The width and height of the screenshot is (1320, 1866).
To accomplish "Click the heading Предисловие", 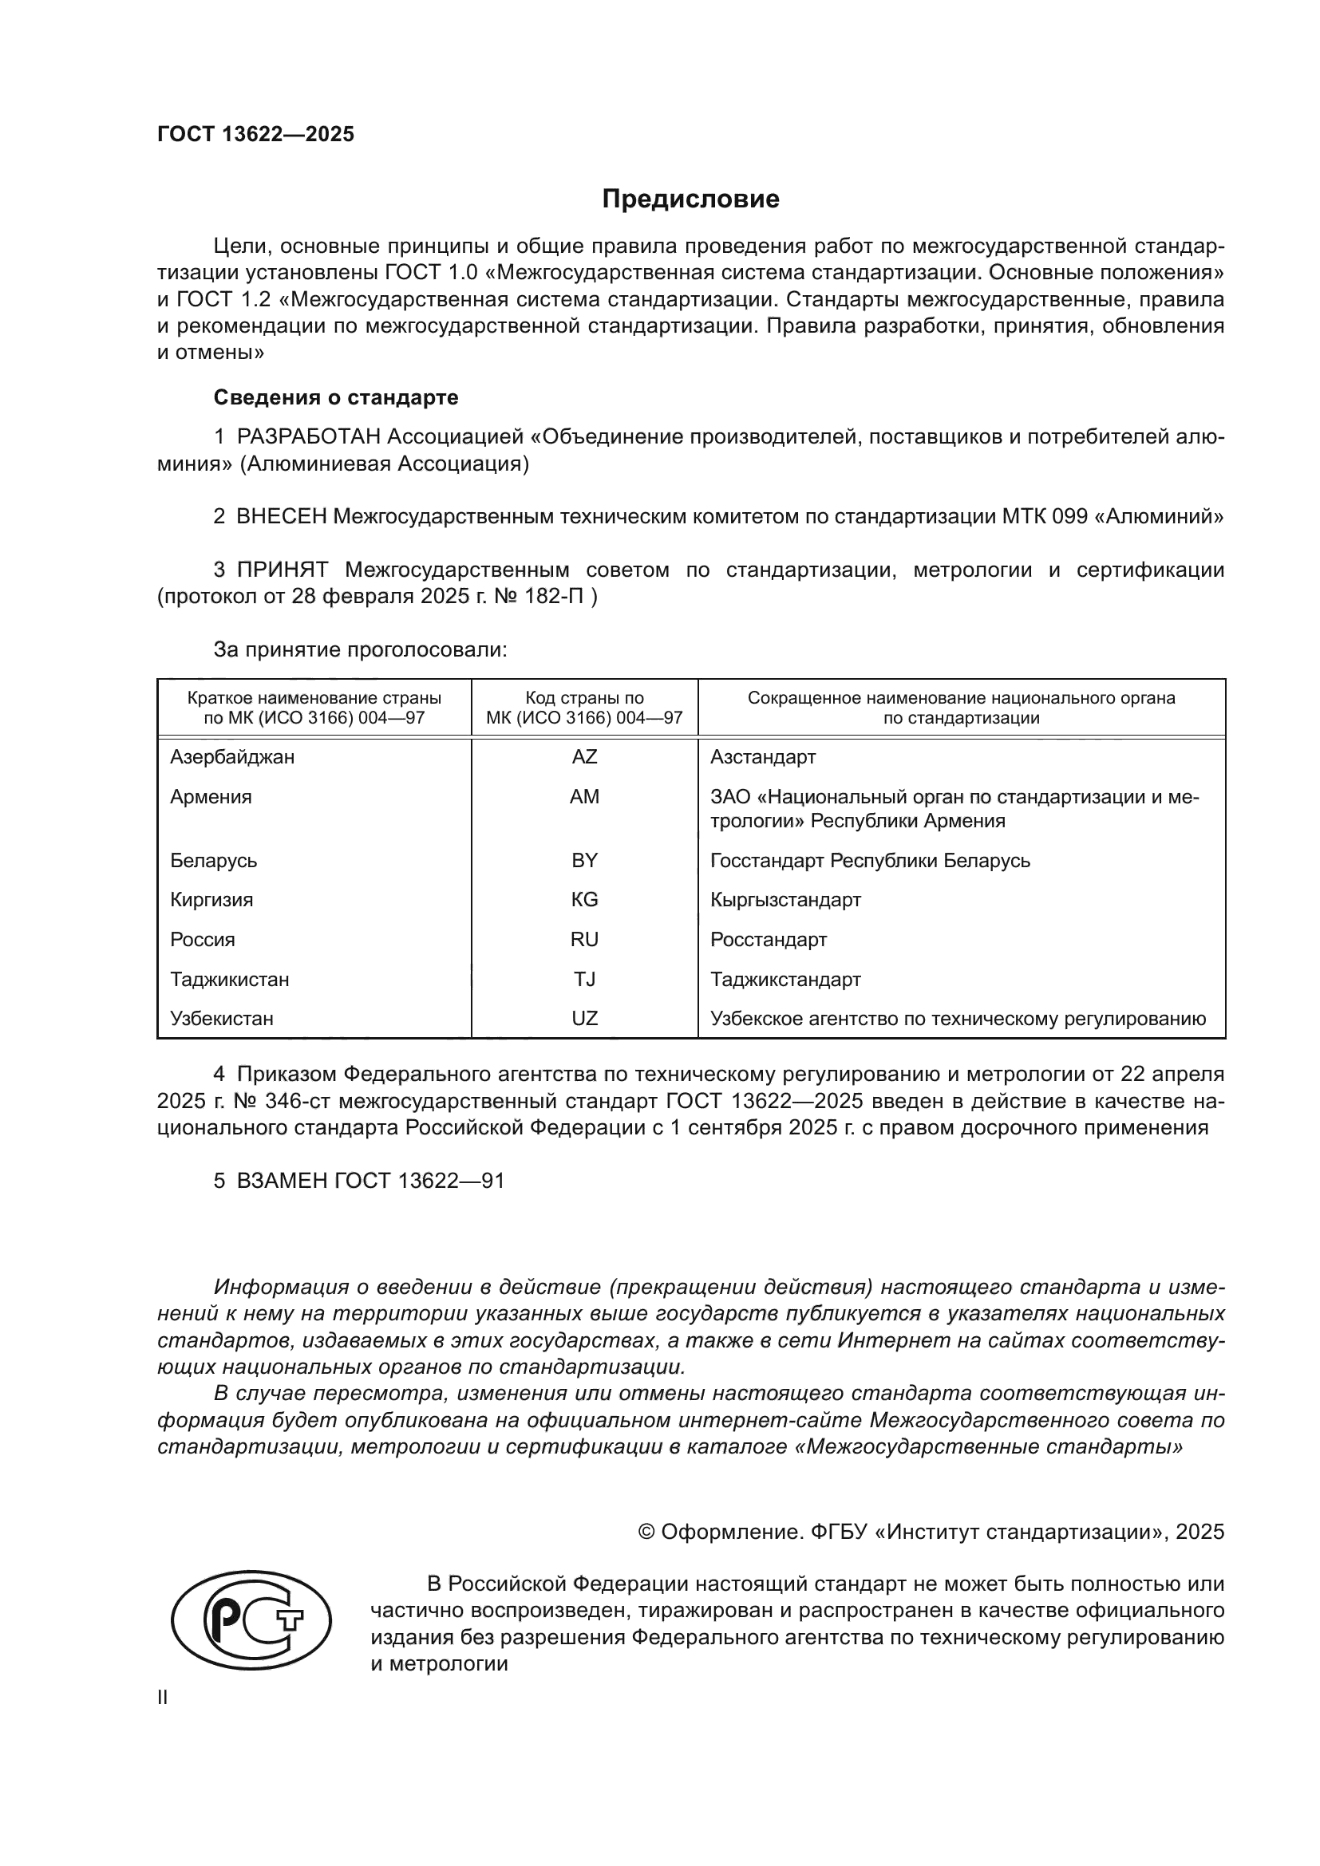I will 690,199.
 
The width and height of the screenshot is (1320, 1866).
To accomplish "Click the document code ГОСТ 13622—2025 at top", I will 256,135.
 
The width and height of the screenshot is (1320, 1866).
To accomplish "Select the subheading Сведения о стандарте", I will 336,397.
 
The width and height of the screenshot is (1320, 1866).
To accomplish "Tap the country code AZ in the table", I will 583,756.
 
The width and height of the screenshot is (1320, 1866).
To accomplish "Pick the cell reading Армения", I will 211,796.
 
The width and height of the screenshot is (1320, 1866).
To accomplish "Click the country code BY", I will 583,860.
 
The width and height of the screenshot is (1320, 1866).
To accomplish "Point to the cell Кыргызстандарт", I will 785,900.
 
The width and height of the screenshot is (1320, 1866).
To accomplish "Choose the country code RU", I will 583,940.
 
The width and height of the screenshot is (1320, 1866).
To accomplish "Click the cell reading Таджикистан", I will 229,980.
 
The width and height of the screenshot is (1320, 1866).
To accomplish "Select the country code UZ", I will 583,1018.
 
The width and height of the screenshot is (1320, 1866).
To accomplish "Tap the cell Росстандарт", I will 768,940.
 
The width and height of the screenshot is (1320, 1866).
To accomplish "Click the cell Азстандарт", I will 762,756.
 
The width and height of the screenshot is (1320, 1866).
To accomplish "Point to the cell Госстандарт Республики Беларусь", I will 870,860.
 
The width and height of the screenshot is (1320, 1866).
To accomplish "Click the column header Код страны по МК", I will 583,708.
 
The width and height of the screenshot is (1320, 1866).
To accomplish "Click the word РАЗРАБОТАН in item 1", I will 309,437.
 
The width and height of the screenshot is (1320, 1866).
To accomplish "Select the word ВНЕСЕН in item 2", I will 281,516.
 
